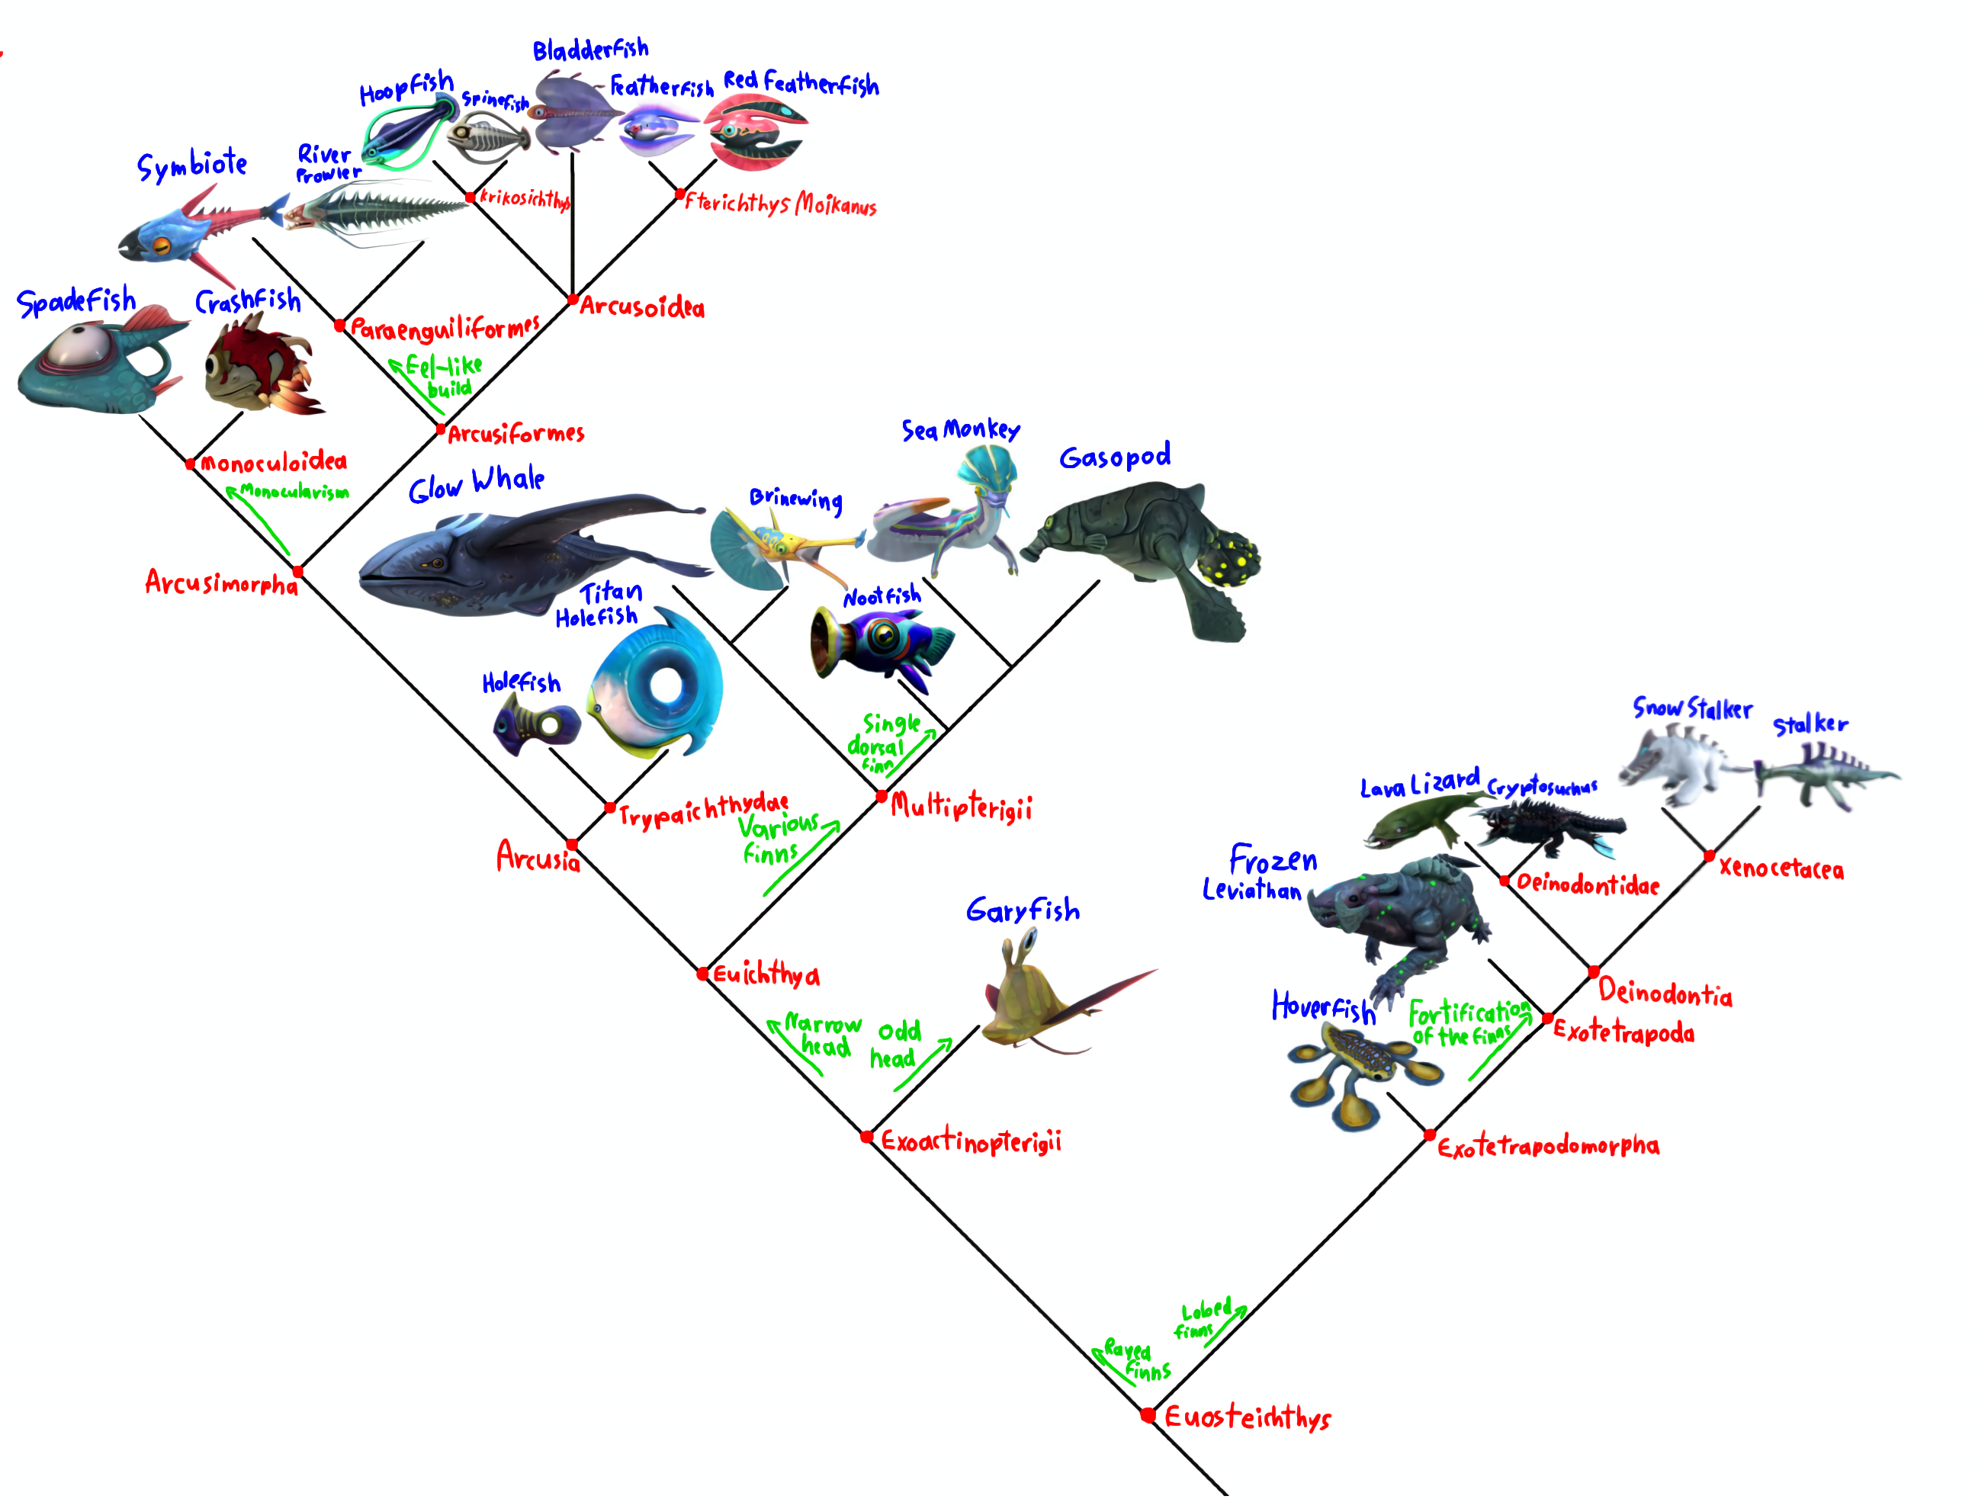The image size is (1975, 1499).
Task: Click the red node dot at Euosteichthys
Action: pos(1148,1414)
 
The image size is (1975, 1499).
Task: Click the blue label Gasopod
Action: pos(1114,457)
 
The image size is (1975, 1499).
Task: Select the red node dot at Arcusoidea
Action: pos(573,300)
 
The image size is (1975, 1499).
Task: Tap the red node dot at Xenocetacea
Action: pos(1709,856)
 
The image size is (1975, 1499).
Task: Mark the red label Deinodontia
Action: pos(1665,993)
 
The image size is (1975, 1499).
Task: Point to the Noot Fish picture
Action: pos(879,643)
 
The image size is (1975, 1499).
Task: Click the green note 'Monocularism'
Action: pos(294,492)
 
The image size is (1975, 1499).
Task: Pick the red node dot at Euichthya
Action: pos(702,974)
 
